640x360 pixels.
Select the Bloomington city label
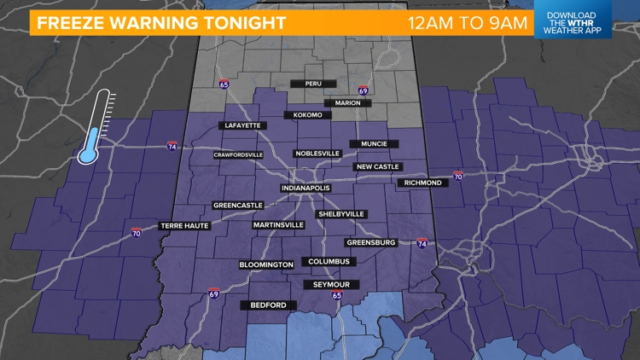(266, 265)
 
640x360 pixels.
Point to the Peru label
(312, 84)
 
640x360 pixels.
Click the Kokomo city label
(305, 114)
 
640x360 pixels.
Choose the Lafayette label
(242, 125)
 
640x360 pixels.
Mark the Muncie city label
(375, 144)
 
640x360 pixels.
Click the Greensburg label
(374, 242)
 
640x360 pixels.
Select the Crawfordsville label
(238, 155)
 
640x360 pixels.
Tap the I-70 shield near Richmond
(458, 176)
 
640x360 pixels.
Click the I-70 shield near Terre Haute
(137, 232)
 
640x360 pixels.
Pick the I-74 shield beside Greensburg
(422, 242)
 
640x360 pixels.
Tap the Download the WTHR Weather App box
(573, 20)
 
